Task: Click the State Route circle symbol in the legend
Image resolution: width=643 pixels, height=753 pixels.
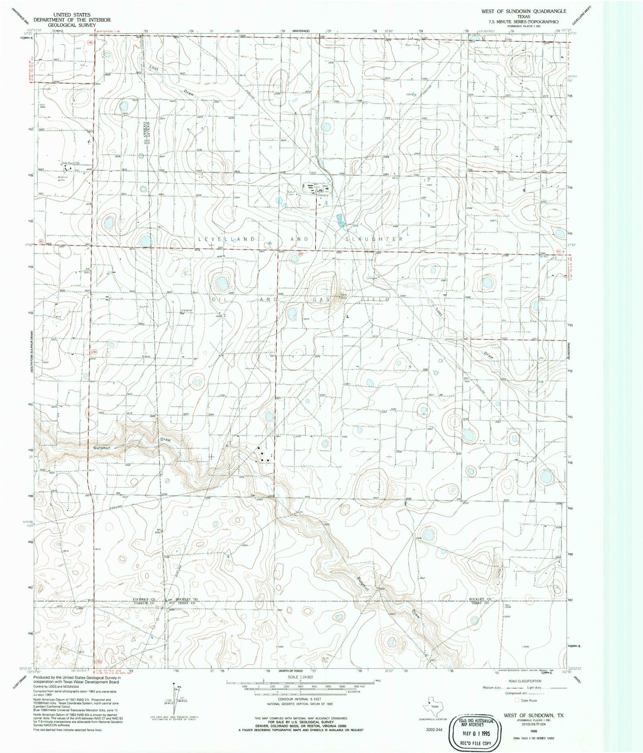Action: pos(517,700)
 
